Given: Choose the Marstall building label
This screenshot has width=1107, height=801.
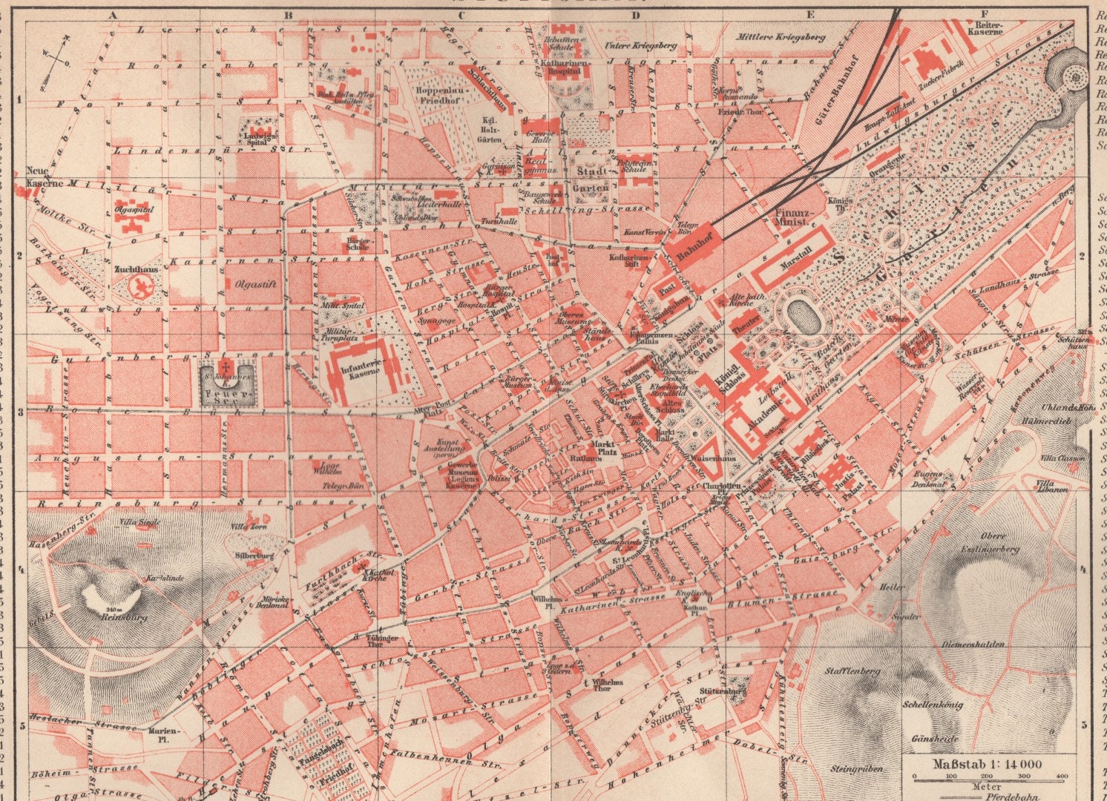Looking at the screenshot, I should click(795, 264).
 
